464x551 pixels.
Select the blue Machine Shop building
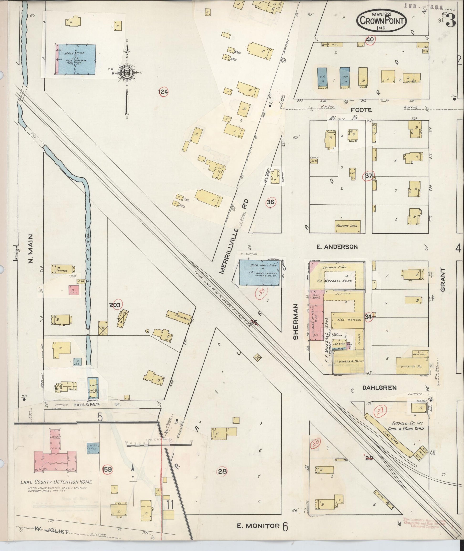[x=76, y=59]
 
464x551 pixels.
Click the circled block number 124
[x=163, y=92]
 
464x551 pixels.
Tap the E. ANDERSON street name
[x=337, y=247]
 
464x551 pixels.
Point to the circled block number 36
[x=270, y=202]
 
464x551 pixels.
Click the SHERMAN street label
[x=296, y=322]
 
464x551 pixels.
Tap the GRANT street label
[x=443, y=280]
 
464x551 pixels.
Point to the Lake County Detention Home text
[x=57, y=482]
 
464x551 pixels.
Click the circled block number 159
[x=107, y=469]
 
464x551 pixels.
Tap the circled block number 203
[x=115, y=305]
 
